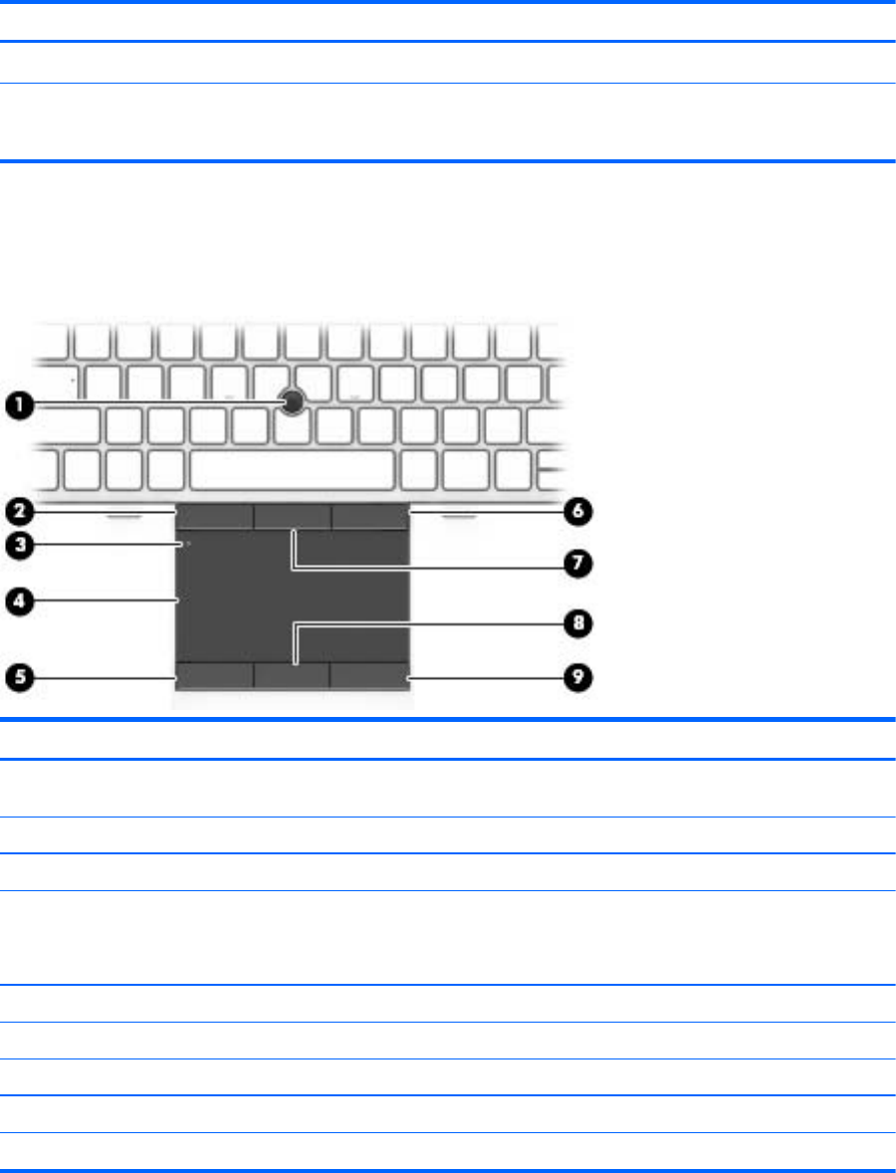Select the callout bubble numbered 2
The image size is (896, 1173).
click(20, 512)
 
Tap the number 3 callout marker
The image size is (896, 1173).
click(20, 545)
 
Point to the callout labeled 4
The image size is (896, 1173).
click(20, 600)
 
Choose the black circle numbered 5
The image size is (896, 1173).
click(20, 678)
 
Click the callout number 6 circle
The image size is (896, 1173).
click(577, 512)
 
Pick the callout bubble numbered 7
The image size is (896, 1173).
click(577, 564)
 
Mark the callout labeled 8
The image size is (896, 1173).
click(577, 623)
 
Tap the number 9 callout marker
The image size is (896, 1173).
click(577, 678)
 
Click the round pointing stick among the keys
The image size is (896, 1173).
click(293, 402)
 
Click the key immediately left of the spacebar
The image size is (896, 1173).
click(166, 470)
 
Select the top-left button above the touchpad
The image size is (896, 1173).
click(215, 516)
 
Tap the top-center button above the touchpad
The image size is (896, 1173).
click(292, 516)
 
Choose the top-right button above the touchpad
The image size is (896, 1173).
click(370, 516)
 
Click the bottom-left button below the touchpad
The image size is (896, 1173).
click(215, 675)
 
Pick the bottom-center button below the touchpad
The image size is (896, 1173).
click(292, 675)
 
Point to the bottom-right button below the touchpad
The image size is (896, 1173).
click(369, 675)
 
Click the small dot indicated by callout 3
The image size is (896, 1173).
click(188, 544)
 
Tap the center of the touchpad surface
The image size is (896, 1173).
click(293, 596)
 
